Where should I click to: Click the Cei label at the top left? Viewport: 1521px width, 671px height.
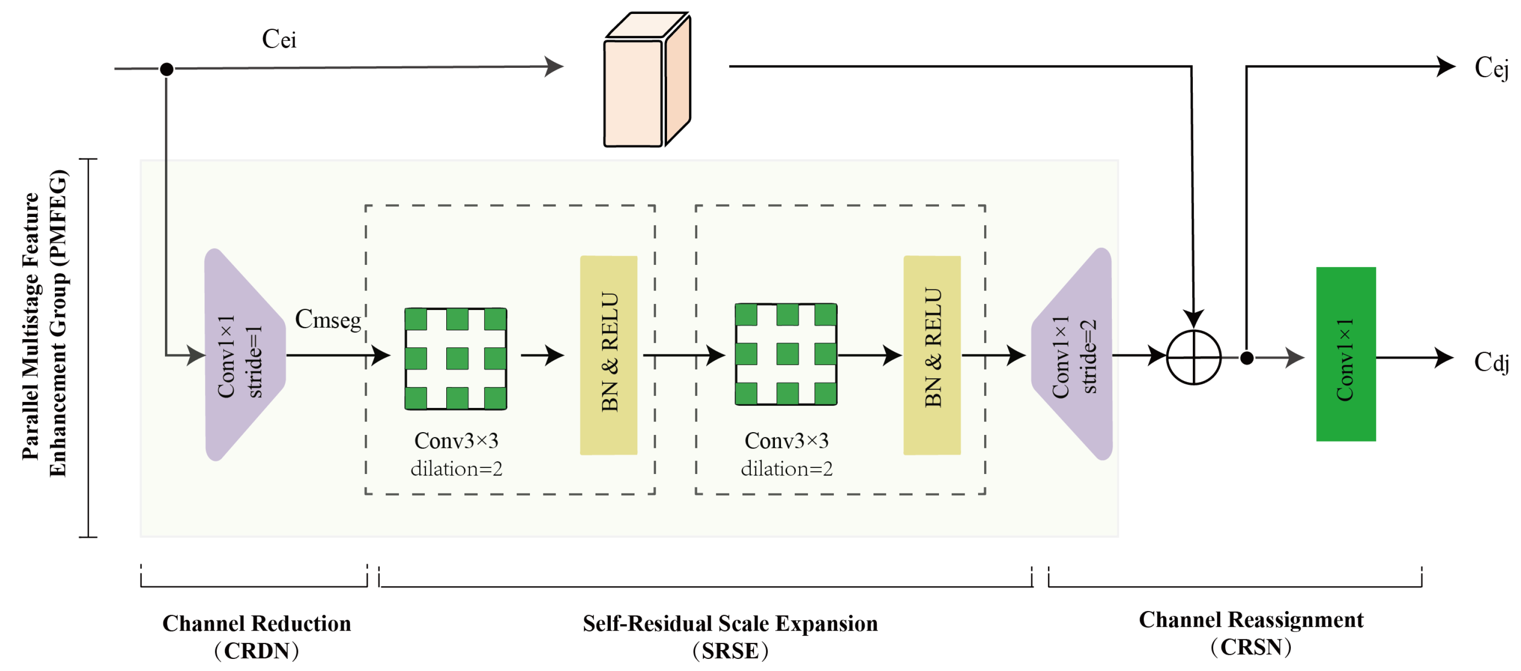click(279, 39)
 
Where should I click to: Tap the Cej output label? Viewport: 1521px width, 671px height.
click(1491, 68)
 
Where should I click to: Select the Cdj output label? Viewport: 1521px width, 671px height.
click(1491, 362)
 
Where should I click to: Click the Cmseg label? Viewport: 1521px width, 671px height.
click(328, 319)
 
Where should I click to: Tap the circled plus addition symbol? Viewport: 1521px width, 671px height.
click(1193, 357)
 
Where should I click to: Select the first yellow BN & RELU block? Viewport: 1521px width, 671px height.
click(608, 355)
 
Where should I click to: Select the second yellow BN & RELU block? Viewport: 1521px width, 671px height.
click(932, 355)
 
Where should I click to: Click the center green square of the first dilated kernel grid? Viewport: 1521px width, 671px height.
click(457, 358)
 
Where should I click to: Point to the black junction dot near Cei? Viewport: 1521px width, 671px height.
click(166, 69)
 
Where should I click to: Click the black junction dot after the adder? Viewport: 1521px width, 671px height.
click(1246, 358)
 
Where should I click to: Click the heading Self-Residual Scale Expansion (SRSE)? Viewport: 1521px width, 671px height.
click(730, 636)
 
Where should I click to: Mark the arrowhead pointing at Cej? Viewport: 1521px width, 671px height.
click(1445, 66)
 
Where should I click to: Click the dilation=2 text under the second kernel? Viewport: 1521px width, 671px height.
click(787, 468)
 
